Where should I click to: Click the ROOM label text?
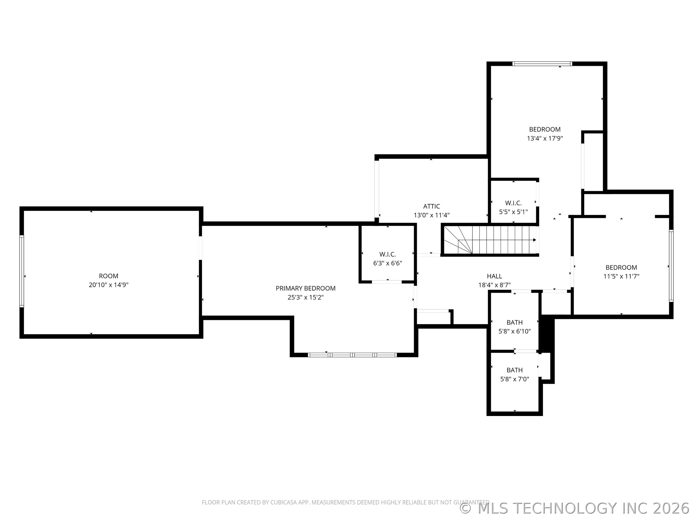click(x=108, y=276)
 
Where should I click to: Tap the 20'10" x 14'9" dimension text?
click(x=108, y=285)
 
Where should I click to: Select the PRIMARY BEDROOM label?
click(x=305, y=288)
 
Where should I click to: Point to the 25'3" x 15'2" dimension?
click(x=305, y=297)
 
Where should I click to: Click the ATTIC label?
click(x=431, y=206)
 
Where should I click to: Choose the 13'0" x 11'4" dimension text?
click(x=431, y=215)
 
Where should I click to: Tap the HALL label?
click(x=494, y=276)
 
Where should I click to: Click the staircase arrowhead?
click(x=534, y=240)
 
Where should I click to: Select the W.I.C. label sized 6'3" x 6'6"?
click(x=388, y=254)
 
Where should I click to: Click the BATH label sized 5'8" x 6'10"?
click(x=514, y=322)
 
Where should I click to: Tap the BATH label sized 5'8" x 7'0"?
click(x=514, y=370)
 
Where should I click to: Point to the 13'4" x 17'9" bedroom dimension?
click(x=545, y=138)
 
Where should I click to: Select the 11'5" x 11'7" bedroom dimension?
click(x=621, y=276)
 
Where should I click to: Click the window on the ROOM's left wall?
click(x=22, y=271)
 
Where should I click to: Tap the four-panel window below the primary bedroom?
click(x=353, y=355)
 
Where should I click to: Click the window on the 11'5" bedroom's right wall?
click(x=671, y=266)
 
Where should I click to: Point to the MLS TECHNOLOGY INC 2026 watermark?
click(x=576, y=508)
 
